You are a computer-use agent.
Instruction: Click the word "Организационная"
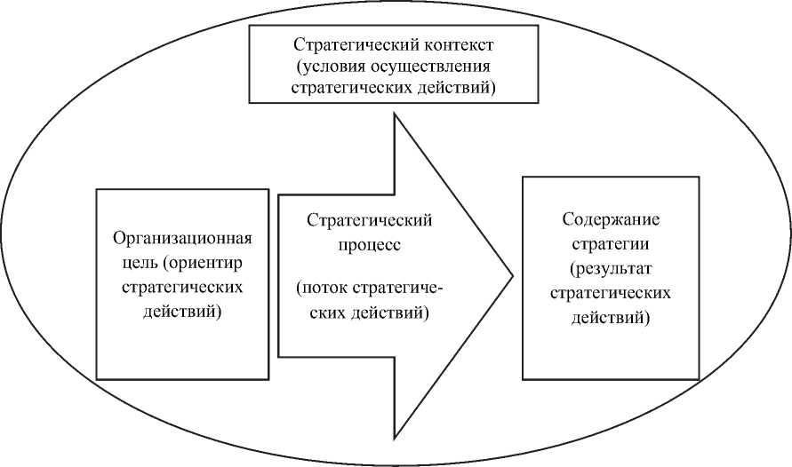(183, 239)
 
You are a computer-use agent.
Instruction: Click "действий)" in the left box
(183, 313)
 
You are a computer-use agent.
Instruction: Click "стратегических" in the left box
(183, 289)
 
